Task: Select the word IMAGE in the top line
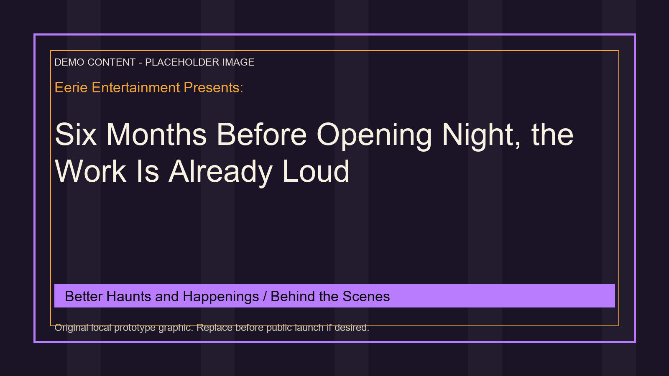point(238,62)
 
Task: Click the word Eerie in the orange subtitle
point(71,88)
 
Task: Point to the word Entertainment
point(136,88)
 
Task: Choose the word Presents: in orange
point(214,88)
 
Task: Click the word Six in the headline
point(76,135)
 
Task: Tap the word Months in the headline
point(156,135)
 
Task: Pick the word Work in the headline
point(90,172)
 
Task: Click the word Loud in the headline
point(316,172)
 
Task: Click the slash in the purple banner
point(265,297)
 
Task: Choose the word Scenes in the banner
point(366,297)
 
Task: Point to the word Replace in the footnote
point(214,328)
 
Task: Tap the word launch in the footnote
point(309,328)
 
